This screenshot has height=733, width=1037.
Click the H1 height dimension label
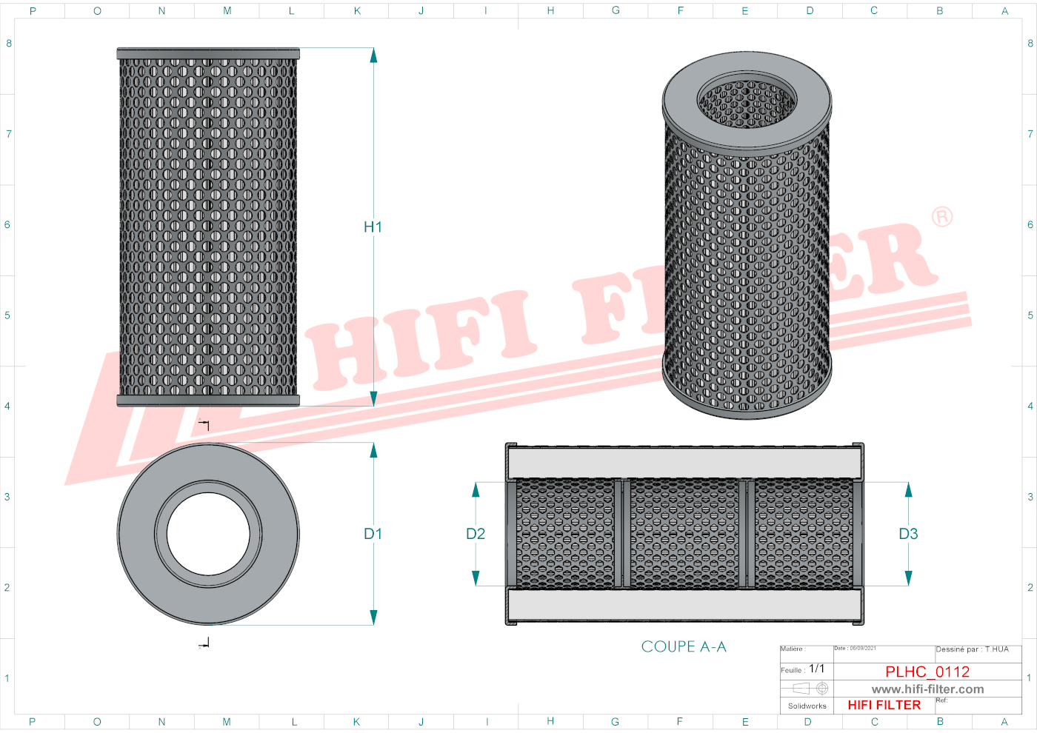(373, 227)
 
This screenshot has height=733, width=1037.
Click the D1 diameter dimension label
(373, 534)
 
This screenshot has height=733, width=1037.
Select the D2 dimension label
(476, 534)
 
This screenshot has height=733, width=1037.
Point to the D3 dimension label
(908, 534)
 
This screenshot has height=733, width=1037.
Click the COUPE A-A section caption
(684, 646)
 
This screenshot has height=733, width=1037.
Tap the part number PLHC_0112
(927, 672)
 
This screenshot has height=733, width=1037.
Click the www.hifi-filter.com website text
(927, 689)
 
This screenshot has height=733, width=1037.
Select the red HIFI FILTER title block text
(884, 706)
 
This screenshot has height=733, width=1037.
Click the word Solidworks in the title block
(807, 706)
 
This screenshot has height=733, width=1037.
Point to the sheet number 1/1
(817, 669)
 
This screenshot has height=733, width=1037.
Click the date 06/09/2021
(863, 649)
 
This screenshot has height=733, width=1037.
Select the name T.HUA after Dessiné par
(997, 649)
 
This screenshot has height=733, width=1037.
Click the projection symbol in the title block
(810, 689)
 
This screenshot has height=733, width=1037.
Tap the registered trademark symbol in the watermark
(942, 217)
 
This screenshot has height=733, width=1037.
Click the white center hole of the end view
(208, 534)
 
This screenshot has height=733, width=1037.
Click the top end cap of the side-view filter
(208, 54)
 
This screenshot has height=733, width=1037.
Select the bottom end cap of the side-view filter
(208, 401)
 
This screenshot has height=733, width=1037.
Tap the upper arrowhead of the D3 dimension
(908, 489)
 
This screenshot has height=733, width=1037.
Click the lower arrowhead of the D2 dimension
(476, 578)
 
